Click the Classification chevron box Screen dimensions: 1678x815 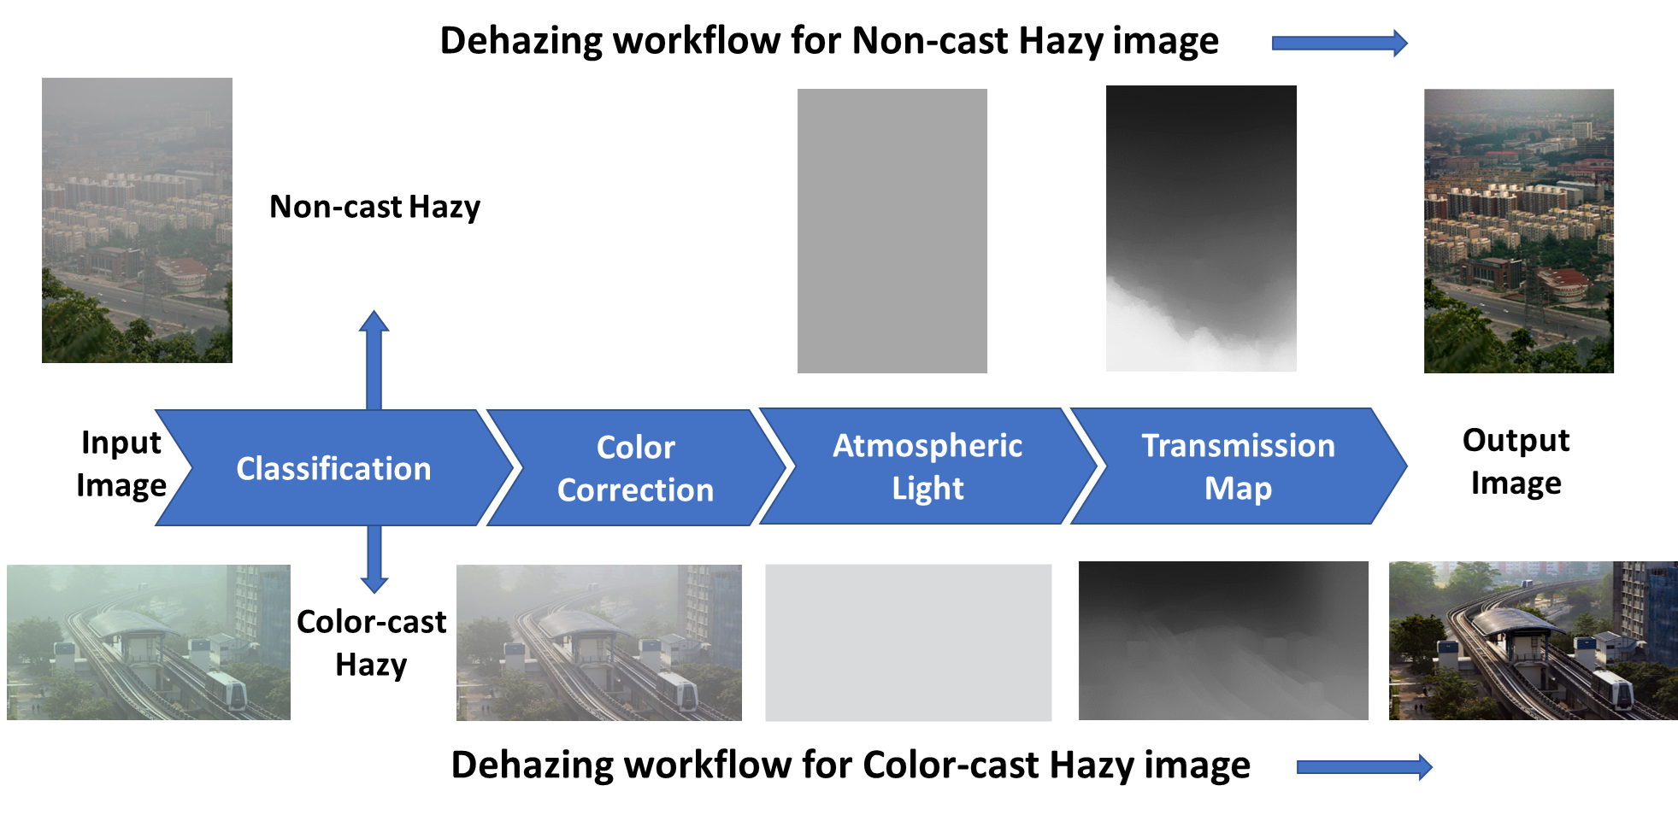pyautogui.click(x=333, y=467)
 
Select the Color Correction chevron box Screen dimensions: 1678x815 pyautogui.click(x=635, y=467)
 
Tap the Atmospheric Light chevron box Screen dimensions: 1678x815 pyautogui.click(x=927, y=466)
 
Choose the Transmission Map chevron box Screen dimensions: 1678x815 pyautogui.click(x=1238, y=466)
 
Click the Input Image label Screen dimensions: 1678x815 pyautogui.click(x=121, y=464)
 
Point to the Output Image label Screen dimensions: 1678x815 pyautogui.click(x=1516, y=461)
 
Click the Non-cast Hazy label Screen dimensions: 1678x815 pyautogui.click(x=374, y=207)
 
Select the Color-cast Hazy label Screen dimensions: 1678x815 pyautogui.click(x=371, y=642)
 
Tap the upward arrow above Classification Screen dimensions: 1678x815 pyautogui.click(x=374, y=360)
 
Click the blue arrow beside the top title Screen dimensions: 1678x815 pyautogui.click(x=1339, y=43)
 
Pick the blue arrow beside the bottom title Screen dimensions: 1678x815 pyautogui.click(x=1364, y=767)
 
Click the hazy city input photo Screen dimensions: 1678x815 pyautogui.click(x=137, y=220)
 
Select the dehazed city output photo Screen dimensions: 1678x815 pyautogui.click(x=1519, y=231)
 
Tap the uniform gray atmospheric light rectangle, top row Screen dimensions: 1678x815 pyautogui.click(x=892, y=231)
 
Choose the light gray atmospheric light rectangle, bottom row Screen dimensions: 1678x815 pyautogui.click(x=909, y=642)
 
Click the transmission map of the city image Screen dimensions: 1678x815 pyautogui.click(x=1201, y=228)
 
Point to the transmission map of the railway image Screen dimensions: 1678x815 pyautogui.click(x=1223, y=641)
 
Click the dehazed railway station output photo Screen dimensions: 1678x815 pyautogui.click(x=1534, y=641)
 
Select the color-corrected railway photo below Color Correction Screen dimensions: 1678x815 pyautogui.click(x=599, y=642)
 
